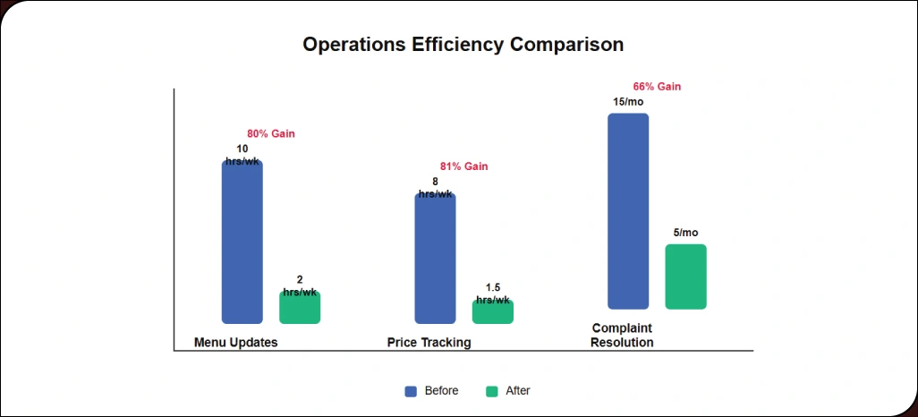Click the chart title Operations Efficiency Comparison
coord(463,45)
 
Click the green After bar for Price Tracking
coord(493,312)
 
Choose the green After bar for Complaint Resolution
coord(685,277)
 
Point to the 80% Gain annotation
coord(271,134)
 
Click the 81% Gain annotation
coord(464,166)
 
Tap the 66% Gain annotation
coord(657,87)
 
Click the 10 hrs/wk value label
coord(242,155)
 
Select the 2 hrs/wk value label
coord(300,285)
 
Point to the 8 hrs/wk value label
coord(435,187)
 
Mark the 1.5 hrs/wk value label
coord(493,294)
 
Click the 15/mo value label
coord(628,102)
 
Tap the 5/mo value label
coord(685,233)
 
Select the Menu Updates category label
coord(236,343)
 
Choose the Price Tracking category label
coord(429,343)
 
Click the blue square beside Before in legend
coord(411,391)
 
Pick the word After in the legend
coord(518,391)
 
